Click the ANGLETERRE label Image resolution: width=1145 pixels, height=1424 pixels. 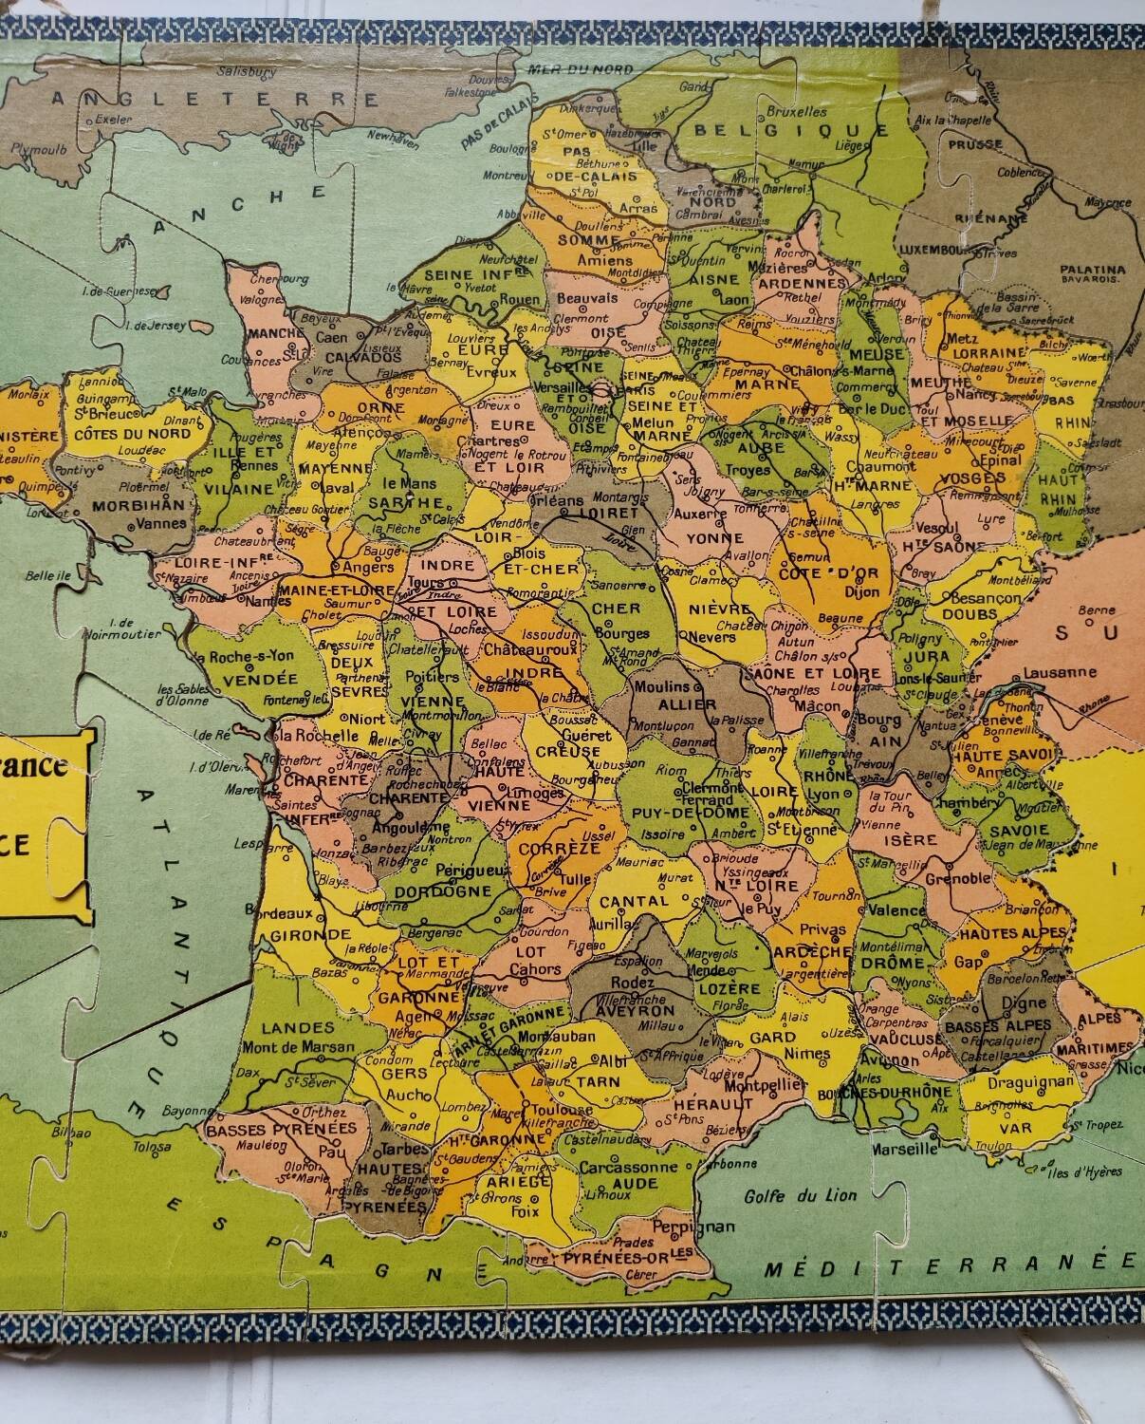tap(216, 99)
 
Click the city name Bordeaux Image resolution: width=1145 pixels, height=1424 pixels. tap(281, 912)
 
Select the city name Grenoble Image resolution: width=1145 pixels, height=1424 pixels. tap(957, 877)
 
